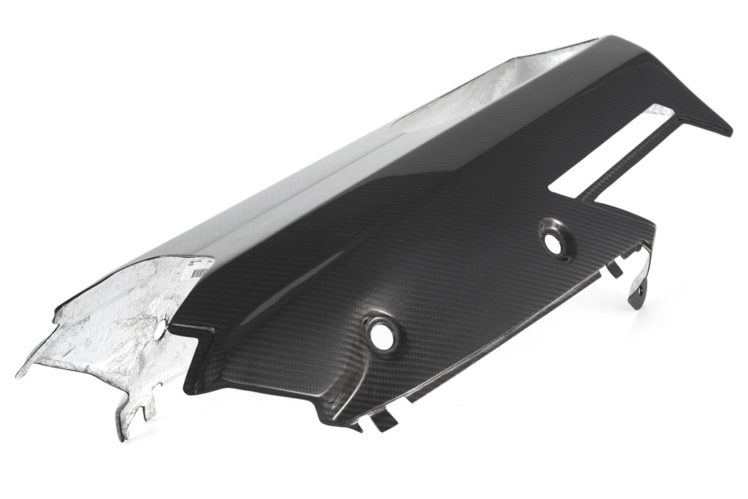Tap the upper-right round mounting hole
[x=554, y=244]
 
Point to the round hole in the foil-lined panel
[x=160, y=330]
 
